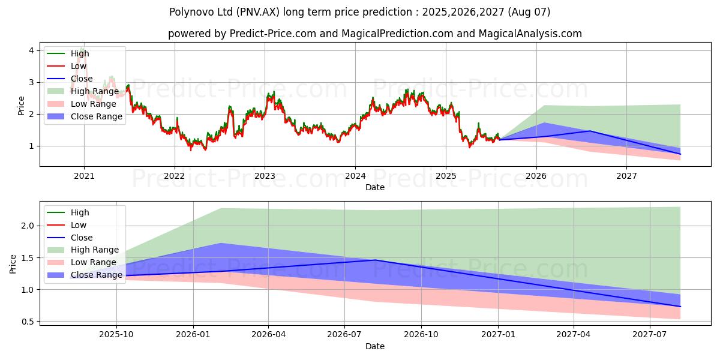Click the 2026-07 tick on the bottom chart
point(344,334)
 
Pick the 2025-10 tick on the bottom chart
point(116,334)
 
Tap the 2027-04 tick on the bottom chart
point(574,334)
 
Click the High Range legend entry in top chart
point(95,91)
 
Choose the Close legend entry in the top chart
point(82,79)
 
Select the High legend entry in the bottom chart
point(80,212)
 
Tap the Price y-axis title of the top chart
point(21,106)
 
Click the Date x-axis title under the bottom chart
point(375,346)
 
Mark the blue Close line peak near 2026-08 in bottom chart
point(376,260)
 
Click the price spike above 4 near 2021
point(82,47)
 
